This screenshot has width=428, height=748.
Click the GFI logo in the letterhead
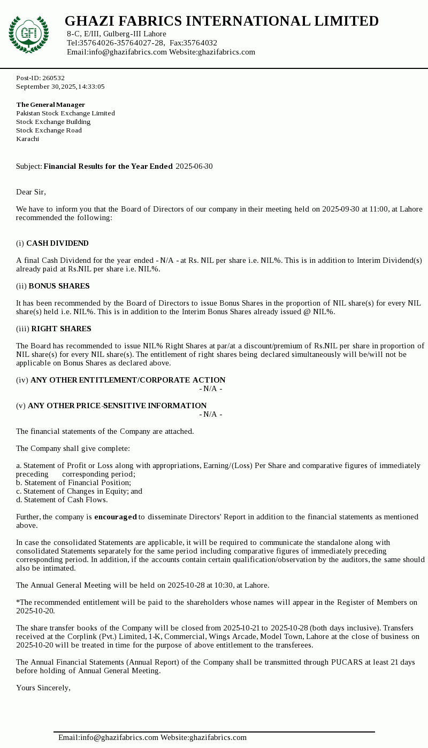coord(28,34)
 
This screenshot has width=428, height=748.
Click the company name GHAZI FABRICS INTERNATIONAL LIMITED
coord(221,21)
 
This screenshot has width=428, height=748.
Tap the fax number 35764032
coord(200,43)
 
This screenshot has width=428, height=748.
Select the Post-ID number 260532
coord(53,78)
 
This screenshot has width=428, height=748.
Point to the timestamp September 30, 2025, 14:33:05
coord(60,87)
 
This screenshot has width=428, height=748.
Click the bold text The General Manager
coord(50,105)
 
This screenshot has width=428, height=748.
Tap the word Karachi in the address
coord(27,139)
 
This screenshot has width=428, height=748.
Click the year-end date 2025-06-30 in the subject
coord(194,167)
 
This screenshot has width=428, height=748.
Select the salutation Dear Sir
coord(31,192)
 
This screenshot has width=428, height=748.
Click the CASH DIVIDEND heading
coord(57,244)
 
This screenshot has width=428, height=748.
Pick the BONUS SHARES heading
coord(59,286)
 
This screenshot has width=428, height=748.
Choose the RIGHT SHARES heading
coord(61,329)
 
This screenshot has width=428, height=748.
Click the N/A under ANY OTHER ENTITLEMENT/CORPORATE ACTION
coord(211,389)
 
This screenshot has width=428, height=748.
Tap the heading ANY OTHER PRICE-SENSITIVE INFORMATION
coord(117,406)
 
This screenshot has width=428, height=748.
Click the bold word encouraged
coord(116,517)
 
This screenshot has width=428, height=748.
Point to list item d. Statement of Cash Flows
coord(62,500)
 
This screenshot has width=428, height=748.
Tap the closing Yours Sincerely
coord(43,688)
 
